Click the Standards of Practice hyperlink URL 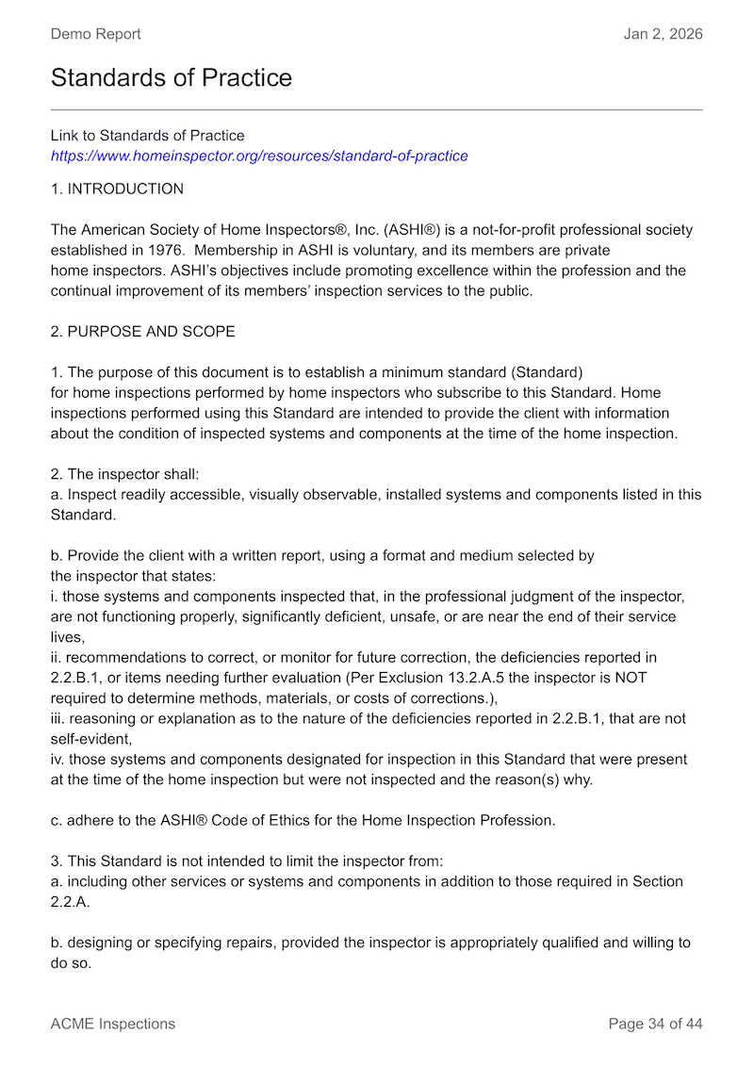pos(259,156)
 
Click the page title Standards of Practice pos(172,77)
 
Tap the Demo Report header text pos(95,34)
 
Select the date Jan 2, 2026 pos(663,34)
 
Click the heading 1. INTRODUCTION pos(117,189)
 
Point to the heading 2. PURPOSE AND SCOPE pos(143,332)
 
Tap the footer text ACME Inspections pos(112,1024)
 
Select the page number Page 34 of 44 pos(655,1024)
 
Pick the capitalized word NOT pos(628,678)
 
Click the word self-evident pos(90,739)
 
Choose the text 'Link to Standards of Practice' pos(147,136)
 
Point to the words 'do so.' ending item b pos(71,963)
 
